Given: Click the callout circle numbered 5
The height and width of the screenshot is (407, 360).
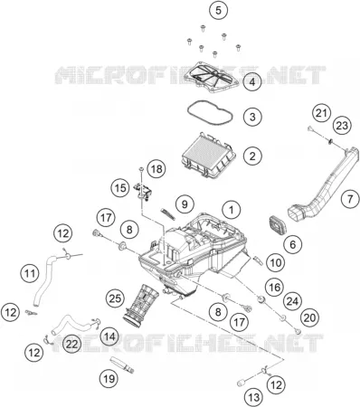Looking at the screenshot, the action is pyautogui.click(x=218, y=10).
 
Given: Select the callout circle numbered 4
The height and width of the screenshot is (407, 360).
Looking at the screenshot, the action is pyautogui.click(x=252, y=82).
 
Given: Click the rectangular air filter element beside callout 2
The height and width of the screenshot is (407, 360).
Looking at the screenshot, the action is pyautogui.click(x=209, y=156).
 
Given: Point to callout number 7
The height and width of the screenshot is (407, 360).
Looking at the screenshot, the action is pyautogui.click(x=350, y=199).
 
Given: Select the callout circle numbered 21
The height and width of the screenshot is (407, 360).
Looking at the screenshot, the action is pyautogui.click(x=321, y=113).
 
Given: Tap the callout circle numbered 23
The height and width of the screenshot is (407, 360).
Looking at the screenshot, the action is pyautogui.click(x=342, y=126).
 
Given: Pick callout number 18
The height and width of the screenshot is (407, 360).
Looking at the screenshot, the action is pyautogui.click(x=156, y=169).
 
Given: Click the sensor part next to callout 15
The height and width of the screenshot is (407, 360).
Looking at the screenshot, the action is pyautogui.click(x=142, y=191).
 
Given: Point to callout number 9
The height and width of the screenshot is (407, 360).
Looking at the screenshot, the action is pyautogui.click(x=185, y=204).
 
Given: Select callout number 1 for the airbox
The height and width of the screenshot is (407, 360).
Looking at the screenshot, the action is pyautogui.click(x=232, y=210).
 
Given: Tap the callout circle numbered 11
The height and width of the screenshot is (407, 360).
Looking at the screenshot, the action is pyautogui.click(x=30, y=273).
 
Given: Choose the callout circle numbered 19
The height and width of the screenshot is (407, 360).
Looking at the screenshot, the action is pyautogui.click(x=109, y=378).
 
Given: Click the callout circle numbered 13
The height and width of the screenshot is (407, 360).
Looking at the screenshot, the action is pyautogui.click(x=254, y=397).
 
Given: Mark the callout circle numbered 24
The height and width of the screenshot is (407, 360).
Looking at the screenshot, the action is pyautogui.click(x=292, y=301).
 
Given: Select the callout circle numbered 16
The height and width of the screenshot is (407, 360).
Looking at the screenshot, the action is pyautogui.click(x=275, y=287).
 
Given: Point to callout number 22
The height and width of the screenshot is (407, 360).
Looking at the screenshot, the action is pyautogui.click(x=71, y=344).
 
